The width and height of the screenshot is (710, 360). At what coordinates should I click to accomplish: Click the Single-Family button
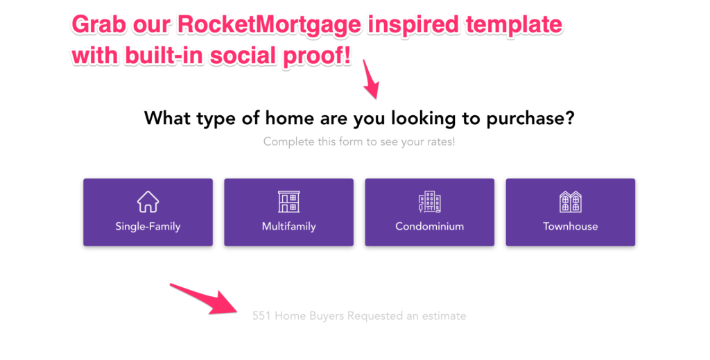(148, 212)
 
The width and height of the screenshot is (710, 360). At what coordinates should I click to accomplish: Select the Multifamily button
(288, 212)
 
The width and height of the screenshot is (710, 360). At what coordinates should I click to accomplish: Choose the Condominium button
(429, 212)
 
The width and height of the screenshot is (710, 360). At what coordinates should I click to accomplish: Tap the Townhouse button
(570, 212)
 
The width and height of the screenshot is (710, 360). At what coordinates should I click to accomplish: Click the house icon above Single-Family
(148, 202)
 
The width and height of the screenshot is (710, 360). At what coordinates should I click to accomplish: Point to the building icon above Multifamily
(288, 202)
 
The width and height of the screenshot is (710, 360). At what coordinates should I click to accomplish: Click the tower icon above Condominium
(429, 202)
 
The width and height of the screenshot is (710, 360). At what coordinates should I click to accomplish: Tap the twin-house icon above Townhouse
(570, 202)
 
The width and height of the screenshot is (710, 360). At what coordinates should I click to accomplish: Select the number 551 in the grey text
(261, 316)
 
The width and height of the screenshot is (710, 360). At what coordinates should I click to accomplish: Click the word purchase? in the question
(529, 119)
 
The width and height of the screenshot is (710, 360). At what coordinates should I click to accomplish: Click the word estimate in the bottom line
(444, 316)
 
